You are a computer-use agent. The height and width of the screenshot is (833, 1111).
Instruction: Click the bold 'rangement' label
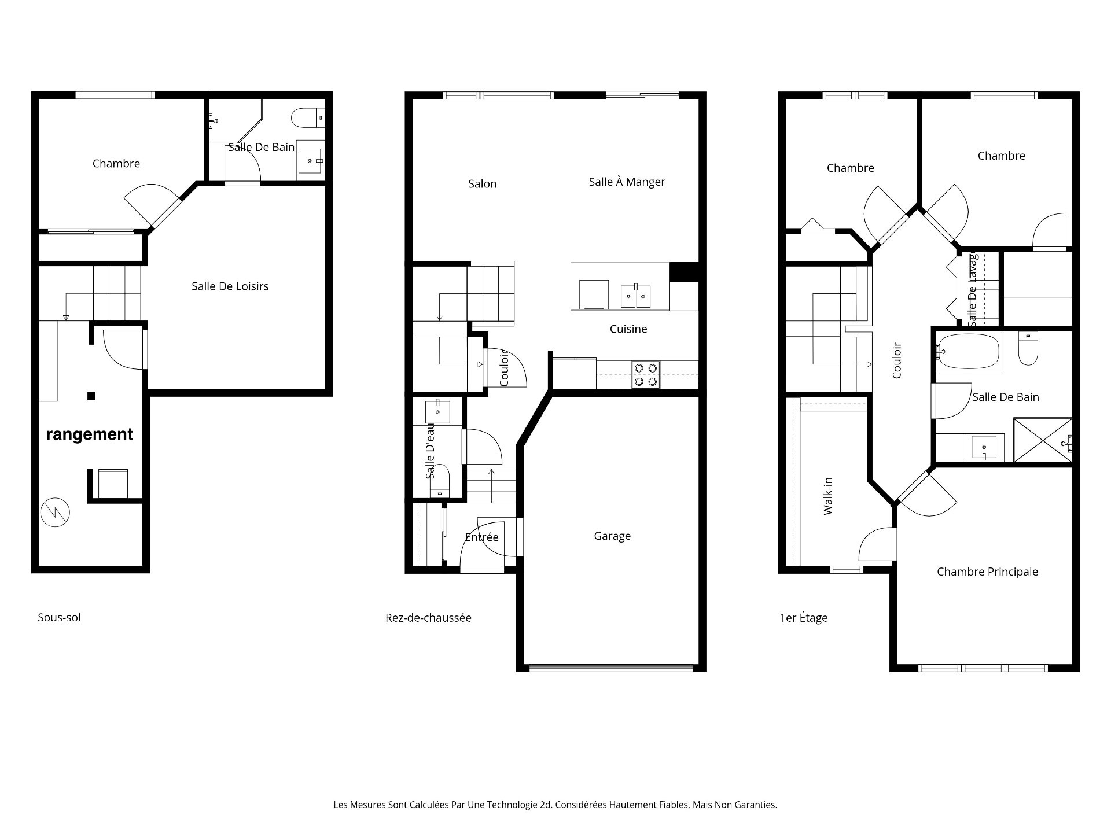click(90, 434)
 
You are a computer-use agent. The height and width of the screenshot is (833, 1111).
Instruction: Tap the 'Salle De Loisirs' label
click(230, 286)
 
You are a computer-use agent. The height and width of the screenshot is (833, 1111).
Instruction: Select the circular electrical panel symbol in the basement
click(56, 512)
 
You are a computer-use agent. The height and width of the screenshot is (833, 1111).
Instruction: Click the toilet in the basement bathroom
click(307, 118)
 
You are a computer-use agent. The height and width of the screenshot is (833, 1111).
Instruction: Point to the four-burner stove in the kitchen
click(645, 374)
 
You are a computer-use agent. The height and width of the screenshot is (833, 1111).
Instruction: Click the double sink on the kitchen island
click(635, 296)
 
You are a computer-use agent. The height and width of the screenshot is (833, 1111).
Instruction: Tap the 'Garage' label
click(612, 536)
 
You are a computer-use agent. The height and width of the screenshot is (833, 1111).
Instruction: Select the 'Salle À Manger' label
click(627, 182)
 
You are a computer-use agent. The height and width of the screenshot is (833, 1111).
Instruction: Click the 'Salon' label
click(482, 184)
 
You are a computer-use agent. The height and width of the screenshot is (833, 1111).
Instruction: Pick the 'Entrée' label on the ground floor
click(481, 537)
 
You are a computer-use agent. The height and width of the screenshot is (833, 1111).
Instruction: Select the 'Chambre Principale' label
click(987, 572)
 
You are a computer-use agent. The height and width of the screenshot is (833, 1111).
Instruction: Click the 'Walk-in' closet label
click(828, 496)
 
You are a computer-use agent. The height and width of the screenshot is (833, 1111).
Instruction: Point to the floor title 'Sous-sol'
click(59, 618)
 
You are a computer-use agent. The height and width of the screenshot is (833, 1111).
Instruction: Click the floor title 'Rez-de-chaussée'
click(428, 618)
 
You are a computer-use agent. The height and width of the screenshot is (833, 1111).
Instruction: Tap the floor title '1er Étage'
click(803, 618)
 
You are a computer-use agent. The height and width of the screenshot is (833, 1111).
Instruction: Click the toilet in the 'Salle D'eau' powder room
click(441, 478)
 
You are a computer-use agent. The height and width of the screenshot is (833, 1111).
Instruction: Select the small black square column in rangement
click(91, 396)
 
